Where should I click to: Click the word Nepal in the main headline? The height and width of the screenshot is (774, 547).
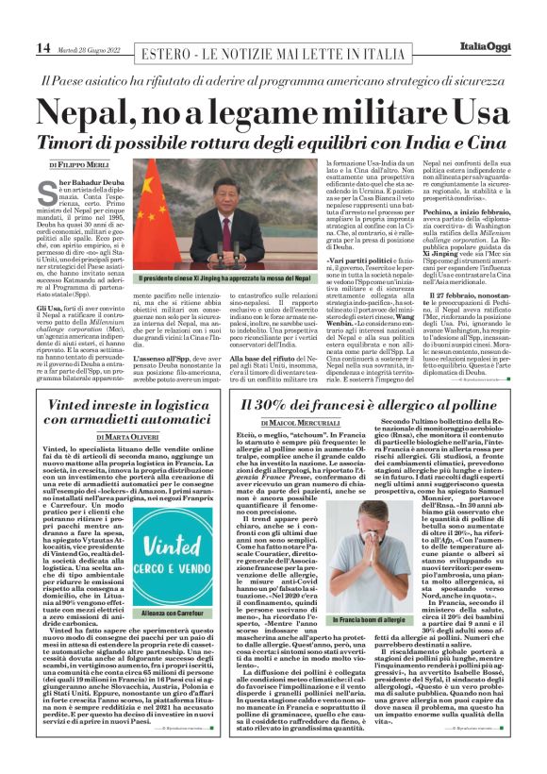coord(94,113)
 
